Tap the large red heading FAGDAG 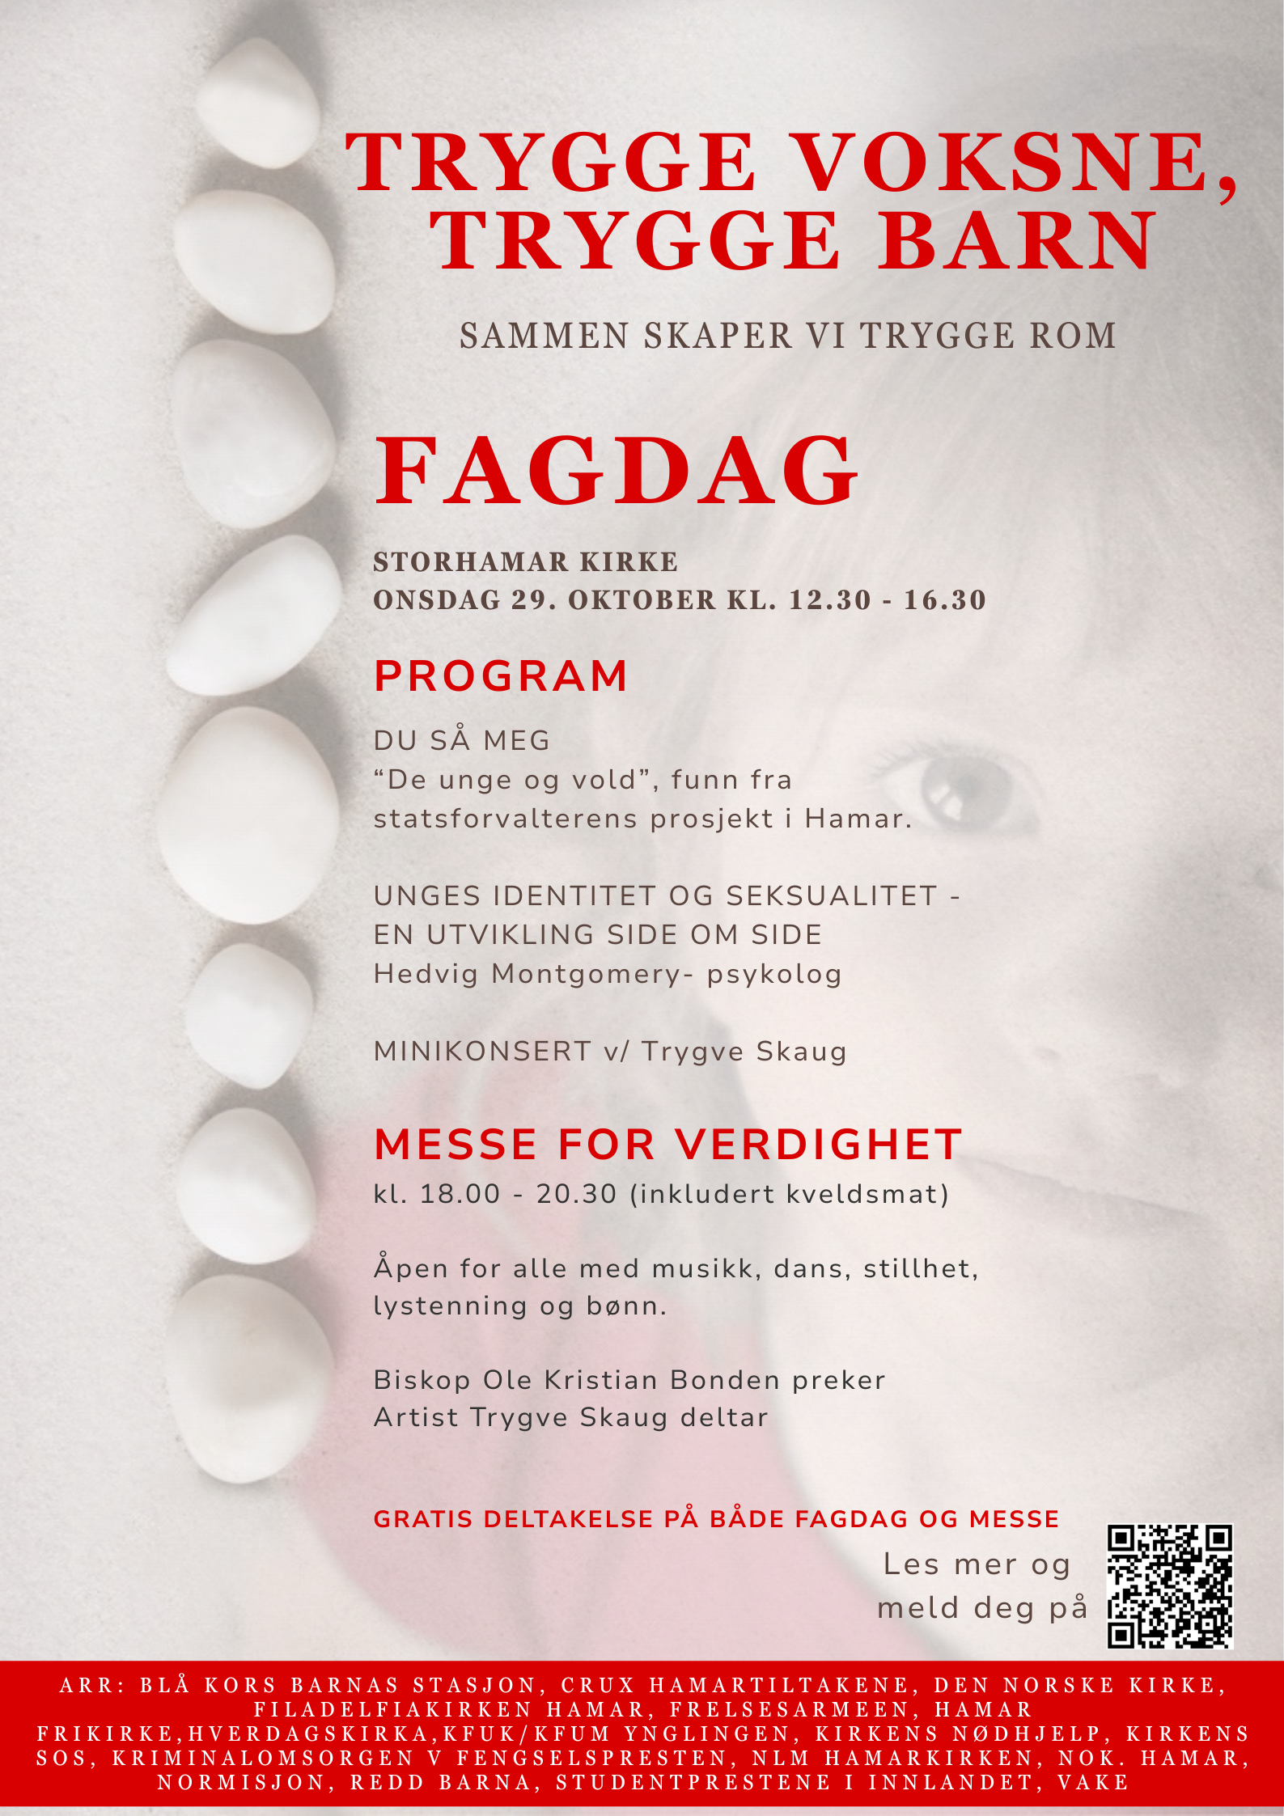pos(616,471)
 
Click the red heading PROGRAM pos(501,676)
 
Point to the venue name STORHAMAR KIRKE pos(525,562)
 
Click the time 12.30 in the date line pos(829,600)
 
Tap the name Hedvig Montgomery pos(528,974)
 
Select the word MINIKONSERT pos(482,1052)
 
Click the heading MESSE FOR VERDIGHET pos(668,1145)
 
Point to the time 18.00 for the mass pos(460,1194)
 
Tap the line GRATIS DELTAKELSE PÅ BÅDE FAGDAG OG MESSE pos(716,1519)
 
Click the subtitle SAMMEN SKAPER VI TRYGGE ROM pos(787,336)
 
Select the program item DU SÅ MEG pos(461,741)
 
